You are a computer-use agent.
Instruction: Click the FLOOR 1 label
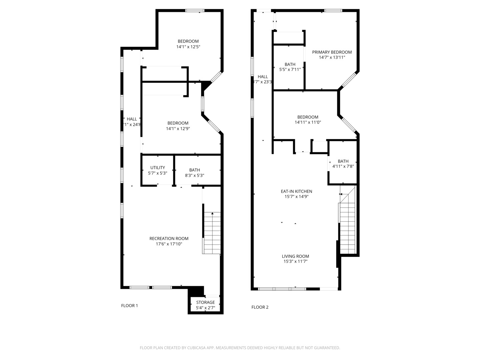[x=129, y=306]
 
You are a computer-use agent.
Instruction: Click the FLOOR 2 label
[x=260, y=307]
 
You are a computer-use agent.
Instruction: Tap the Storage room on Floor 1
[x=205, y=305]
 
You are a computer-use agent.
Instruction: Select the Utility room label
[x=157, y=168]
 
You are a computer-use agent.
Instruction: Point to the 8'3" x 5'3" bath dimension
[x=194, y=175]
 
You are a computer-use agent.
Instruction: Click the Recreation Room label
[x=169, y=238]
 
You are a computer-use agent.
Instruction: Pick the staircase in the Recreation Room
[x=212, y=233]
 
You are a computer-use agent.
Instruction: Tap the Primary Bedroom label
[x=332, y=52]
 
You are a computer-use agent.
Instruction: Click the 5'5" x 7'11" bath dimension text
[x=290, y=70]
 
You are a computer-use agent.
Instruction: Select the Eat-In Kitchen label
[x=296, y=191]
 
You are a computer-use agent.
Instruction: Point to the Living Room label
[x=295, y=256]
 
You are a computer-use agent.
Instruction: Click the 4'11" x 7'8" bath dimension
[x=343, y=166]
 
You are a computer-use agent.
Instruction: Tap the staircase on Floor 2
[x=348, y=220]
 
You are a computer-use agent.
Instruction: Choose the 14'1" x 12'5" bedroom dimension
[x=188, y=47]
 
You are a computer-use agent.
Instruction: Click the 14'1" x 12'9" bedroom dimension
[x=178, y=128]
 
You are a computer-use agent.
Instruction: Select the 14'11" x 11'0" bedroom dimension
[x=308, y=122]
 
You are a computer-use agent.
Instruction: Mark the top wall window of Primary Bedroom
[x=333, y=11]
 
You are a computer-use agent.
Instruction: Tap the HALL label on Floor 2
[x=263, y=77]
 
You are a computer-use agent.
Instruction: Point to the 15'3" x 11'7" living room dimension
[x=295, y=262]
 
